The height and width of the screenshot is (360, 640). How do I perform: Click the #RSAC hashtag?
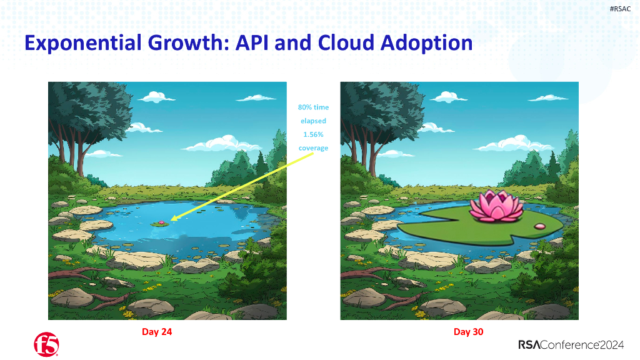(620, 8)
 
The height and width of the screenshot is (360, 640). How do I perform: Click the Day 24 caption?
(157, 332)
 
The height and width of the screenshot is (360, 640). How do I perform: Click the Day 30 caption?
(468, 332)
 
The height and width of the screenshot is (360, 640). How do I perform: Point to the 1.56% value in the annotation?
(313, 134)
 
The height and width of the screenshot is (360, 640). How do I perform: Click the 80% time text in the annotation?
(313, 107)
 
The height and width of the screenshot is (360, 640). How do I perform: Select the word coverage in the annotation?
(313, 148)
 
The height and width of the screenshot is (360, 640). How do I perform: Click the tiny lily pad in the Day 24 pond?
(161, 222)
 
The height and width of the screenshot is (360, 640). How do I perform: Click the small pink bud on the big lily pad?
(541, 225)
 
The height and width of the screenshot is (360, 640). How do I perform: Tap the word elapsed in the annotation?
(313, 121)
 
